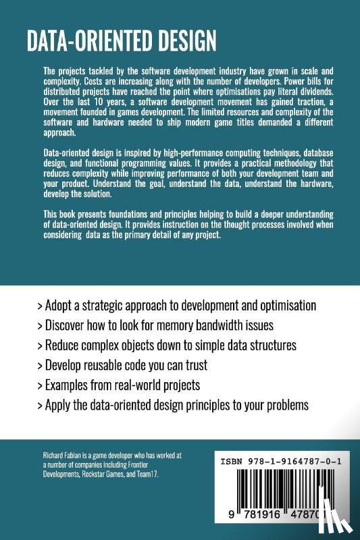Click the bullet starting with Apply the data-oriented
click(173, 406)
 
